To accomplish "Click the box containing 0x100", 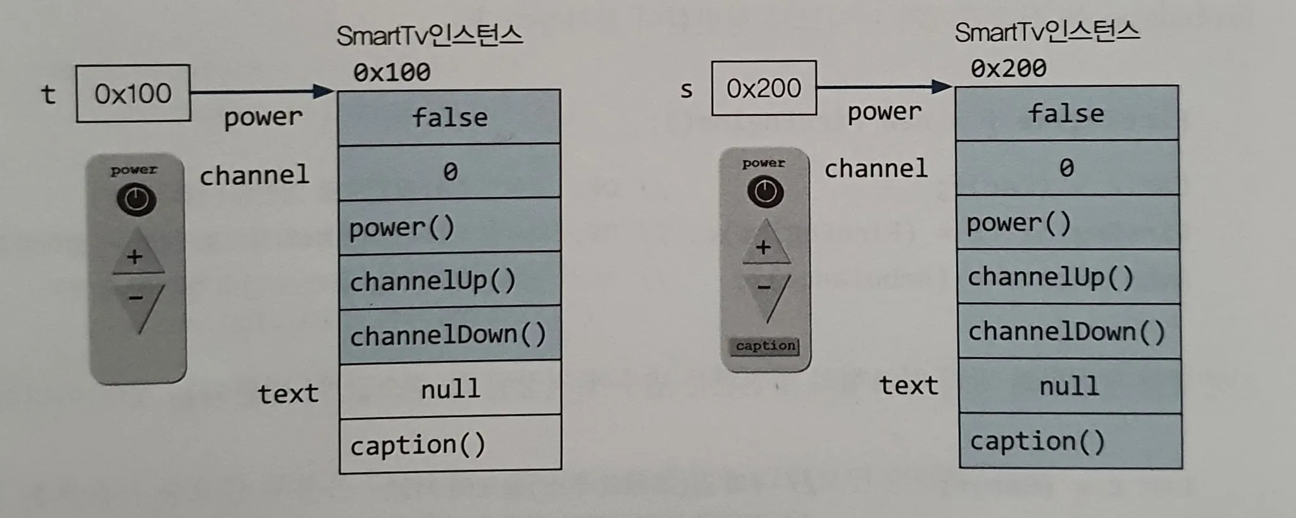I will click(x=133, y=93).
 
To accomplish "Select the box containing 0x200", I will click(x=764, y=89).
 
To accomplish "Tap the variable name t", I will click(x=48, y=94).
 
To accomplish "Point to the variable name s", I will click(x=686, y=90).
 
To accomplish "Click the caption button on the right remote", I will click(x=766, y=346).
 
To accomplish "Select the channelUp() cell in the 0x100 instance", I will click(x=449, y=281).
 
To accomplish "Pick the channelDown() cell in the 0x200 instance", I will click(x=1068, y=331).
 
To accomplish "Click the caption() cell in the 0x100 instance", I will click(x=450, y=445).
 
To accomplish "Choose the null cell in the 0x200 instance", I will click(x=1069, y=386).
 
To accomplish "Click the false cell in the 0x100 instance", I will click(x=449, y=117).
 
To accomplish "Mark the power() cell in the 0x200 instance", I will click(x=1067, y=222).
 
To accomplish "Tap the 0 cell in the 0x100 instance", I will click(x=449, y=172).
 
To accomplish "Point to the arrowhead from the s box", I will click(x=943, y=87).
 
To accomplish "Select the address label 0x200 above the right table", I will click(x=1009, y=68).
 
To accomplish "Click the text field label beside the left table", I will click(x=288, y=393).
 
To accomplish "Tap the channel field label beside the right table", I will click(x=876, y=168).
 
